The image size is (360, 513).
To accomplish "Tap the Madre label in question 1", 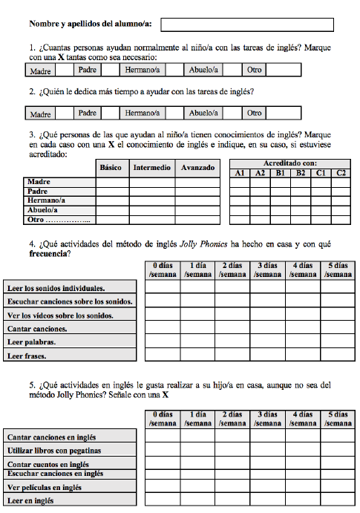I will coord(40,71).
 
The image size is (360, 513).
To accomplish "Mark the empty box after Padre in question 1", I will coord(111,71).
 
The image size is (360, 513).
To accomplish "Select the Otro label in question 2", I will coord(254,114).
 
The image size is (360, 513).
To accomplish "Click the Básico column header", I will coord(111,168).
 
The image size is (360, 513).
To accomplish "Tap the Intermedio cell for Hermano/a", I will coord(152,200).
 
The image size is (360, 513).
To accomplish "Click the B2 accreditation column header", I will coord(300,173).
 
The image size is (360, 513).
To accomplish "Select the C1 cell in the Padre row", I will coord(320,192).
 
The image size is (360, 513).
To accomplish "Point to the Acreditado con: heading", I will coord(289,163).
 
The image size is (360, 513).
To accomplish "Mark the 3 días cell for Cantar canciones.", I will coord(267,328).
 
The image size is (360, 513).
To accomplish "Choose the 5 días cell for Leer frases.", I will coord(337,356).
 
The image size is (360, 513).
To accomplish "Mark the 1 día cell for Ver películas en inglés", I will coord(197,488).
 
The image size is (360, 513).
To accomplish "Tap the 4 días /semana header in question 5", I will coord(302,418).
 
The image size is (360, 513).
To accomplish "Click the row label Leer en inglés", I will coord(30,501).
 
